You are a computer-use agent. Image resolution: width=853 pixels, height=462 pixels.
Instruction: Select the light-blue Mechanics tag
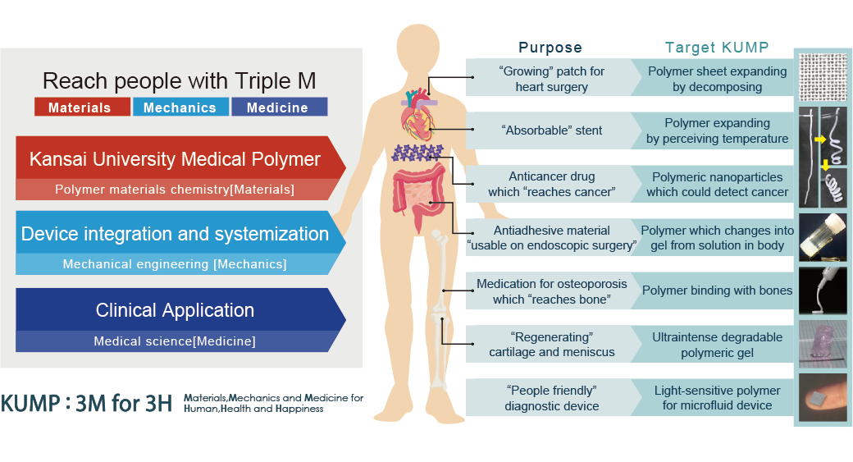pyautogui.click(x=180, y=107)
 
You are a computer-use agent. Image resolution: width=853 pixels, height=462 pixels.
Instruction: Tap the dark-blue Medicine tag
pyautogui.click(x=279, y=107)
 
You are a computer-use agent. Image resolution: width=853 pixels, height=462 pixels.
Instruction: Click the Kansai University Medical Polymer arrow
pyautogui.click(x=175, y=159)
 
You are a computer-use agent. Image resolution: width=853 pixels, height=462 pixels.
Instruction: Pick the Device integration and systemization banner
pyautogui.click(x=175, y=234)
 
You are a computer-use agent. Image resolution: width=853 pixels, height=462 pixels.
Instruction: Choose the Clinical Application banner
pyautogui.click(x=175, y=310)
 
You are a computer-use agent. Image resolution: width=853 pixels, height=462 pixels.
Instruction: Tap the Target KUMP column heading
pyautogui.click(x=717, y=48)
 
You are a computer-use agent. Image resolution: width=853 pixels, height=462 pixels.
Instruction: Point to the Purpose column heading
pyautogui.click(x=550, y=48)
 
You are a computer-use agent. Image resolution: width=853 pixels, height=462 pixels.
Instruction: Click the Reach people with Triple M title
pyautogui.click(x=179, y=80)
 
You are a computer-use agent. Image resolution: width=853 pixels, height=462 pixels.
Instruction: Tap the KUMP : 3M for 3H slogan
pyautogui.click(x=86, y=403)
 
